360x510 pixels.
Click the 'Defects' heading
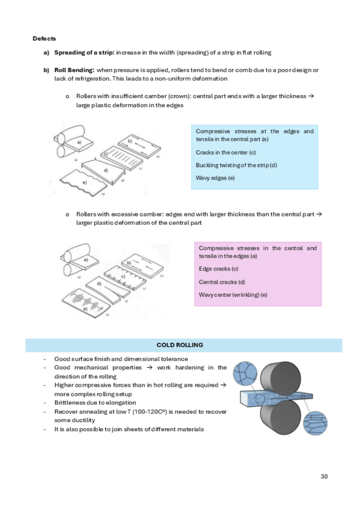click(x=44, y=38)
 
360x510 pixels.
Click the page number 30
click(x=324, y=476)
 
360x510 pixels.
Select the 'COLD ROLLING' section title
click(x=180, y=345)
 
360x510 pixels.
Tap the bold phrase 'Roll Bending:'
click(x=75, y=70)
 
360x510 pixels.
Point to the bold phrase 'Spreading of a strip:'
click(x=84, y=52)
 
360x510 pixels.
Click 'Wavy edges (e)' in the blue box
click(x=215, y=178)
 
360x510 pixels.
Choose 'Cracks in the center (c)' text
click(x=226, y=152)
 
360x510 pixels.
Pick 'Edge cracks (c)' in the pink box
click(x=219, y=269)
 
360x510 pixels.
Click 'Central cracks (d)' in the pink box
click(x=222, y=282)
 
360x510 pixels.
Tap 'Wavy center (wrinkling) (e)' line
click(x=233, y=295)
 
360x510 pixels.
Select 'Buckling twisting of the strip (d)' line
click(x=236, y=165)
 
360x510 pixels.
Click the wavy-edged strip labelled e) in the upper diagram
click(x=84, y=183)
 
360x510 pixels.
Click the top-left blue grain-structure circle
click(x=245, y=373)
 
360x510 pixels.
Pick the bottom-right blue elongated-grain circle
click(x=315, y=423)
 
